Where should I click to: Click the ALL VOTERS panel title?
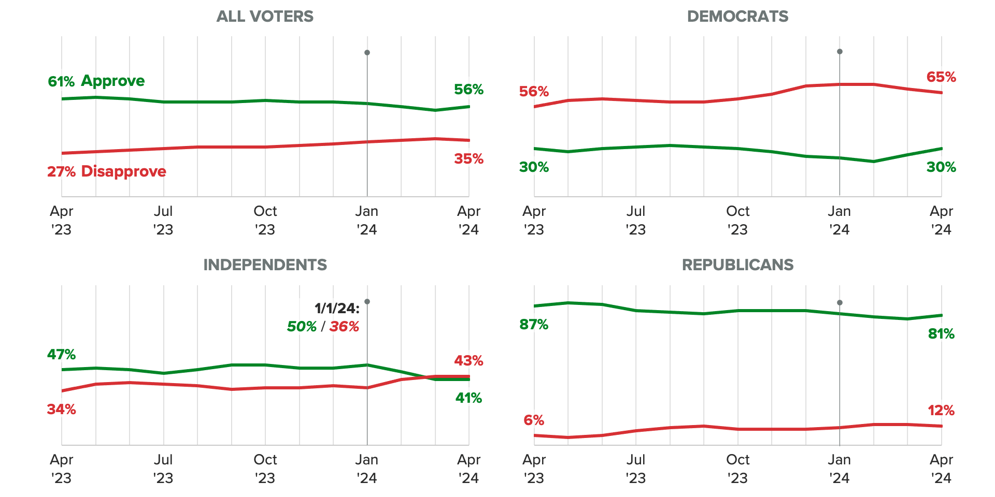265,17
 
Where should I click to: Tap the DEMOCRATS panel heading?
737,17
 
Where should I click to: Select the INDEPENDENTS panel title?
265,265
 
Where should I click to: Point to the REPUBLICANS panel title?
737,265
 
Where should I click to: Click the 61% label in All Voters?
61,82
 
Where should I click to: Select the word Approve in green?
113,81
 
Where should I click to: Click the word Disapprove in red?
123,171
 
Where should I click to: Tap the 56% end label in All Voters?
468,90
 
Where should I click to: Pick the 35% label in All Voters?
468,159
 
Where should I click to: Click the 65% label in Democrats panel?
941,77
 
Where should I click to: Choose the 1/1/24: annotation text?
337,309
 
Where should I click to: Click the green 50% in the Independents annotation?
302,327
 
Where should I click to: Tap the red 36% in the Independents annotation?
344,327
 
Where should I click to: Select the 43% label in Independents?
468,361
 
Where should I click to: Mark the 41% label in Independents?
468,398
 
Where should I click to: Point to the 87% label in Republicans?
534,325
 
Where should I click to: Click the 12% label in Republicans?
941,411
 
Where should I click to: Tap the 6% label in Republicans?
534,420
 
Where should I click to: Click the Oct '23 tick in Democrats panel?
737,220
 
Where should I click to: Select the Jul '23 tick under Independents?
163,469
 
